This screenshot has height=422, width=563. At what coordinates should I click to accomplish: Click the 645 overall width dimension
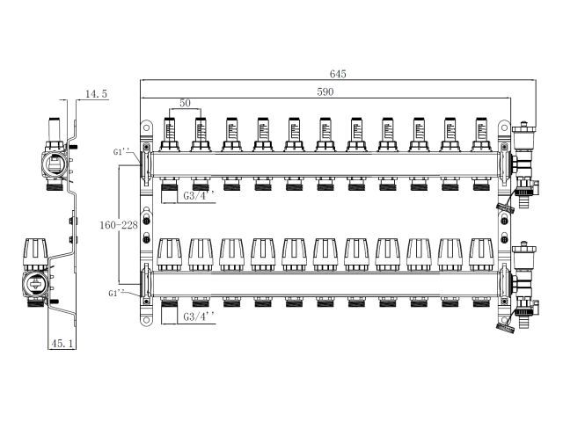(x=338, y=74)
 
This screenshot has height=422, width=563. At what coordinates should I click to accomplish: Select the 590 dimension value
(x=326, y=91)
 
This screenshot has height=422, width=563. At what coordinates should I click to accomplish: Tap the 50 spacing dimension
(x=185, y=104)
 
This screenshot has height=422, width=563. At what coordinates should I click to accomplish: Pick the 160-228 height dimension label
(x=117, y=226)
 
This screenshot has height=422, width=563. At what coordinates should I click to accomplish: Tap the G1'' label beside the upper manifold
(x=123, y=152)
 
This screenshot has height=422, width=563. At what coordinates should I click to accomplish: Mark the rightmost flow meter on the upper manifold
(x=480, y=131)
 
